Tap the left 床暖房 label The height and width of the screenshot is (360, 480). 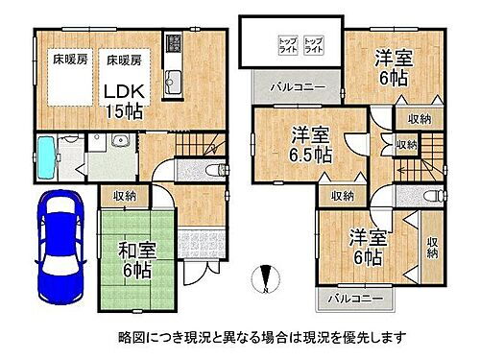coord(69,60)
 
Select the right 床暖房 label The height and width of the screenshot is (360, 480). coord(123,60)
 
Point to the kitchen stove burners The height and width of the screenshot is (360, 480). coord(174,42)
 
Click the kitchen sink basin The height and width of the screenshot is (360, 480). coord(174,77)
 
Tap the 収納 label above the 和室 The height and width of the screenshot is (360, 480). coord(124,196)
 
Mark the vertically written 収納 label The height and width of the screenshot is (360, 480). coord(432,247)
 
